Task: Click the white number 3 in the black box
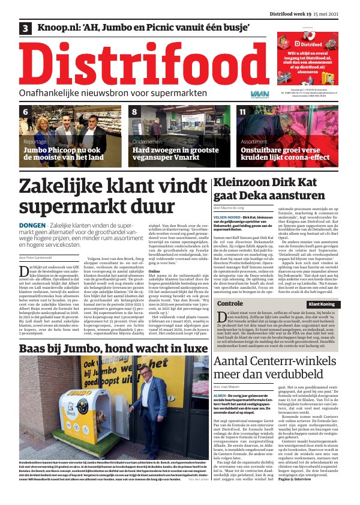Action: (x=26, y=28)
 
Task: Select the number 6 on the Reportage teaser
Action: (x=25, y=112)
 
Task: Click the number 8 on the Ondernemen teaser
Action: (x=134, y=112)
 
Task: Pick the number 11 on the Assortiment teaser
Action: (x=243, y=112)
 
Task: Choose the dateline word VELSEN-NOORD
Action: (x=227, y=217)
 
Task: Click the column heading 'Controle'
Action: (x=229, y=304)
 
